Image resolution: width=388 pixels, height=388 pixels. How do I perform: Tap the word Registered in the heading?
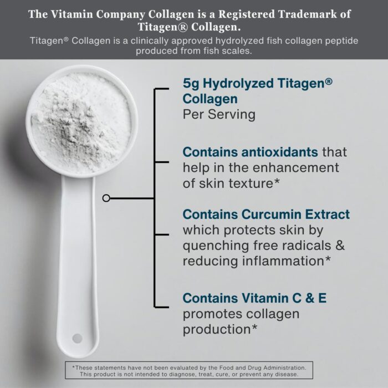tap(246, 14)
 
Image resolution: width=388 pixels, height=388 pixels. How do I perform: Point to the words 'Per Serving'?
tap(219, 114)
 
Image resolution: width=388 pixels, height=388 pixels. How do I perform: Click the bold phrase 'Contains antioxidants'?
tap(250, 152)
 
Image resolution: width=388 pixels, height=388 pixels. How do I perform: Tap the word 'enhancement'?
tap(295, 167)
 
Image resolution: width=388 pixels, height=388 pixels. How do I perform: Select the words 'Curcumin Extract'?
tap(295, 215)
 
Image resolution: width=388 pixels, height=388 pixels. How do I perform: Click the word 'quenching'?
tap(216, 246)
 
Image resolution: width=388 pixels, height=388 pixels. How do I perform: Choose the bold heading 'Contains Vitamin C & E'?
tap(254, 298)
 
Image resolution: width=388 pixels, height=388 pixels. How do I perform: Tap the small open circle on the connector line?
tap(106, 198)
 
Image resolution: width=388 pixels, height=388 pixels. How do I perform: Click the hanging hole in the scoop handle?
tap(77, 338)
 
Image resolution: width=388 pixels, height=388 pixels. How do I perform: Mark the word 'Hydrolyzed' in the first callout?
tap(238, 84)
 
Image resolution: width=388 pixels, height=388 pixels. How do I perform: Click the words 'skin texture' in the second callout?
tap(240, 183)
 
